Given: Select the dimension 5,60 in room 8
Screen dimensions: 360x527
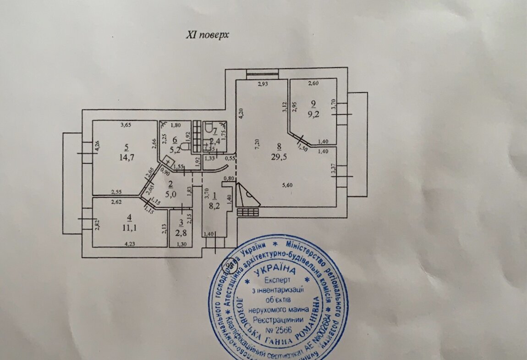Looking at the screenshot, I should pos(287,185).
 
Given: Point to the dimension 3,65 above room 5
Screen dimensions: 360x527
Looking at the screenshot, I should pos(126,125).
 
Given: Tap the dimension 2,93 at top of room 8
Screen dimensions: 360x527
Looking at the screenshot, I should pos(262,84).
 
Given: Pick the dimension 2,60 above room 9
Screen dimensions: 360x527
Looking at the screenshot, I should pos(313,83).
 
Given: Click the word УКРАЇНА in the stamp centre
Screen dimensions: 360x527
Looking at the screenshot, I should pos(278,271).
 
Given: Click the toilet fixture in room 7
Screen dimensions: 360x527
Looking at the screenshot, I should pos(209,132).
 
